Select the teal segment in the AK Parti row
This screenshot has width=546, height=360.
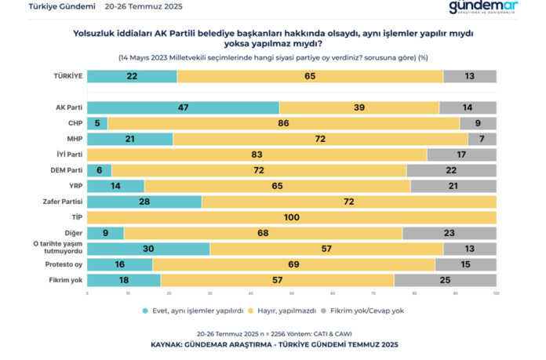point(183,107)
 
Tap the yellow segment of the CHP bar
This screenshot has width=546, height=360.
point(283,123)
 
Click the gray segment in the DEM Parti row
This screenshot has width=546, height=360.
point(451,170)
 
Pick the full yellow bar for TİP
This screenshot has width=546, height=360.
point(291,217)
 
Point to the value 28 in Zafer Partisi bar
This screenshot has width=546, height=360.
point(144,202)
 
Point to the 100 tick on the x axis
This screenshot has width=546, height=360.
point(496,294)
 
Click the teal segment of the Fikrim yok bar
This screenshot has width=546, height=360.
point(124,280)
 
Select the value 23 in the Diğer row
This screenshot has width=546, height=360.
point(449,233)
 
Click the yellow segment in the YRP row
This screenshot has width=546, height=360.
point(277,186)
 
